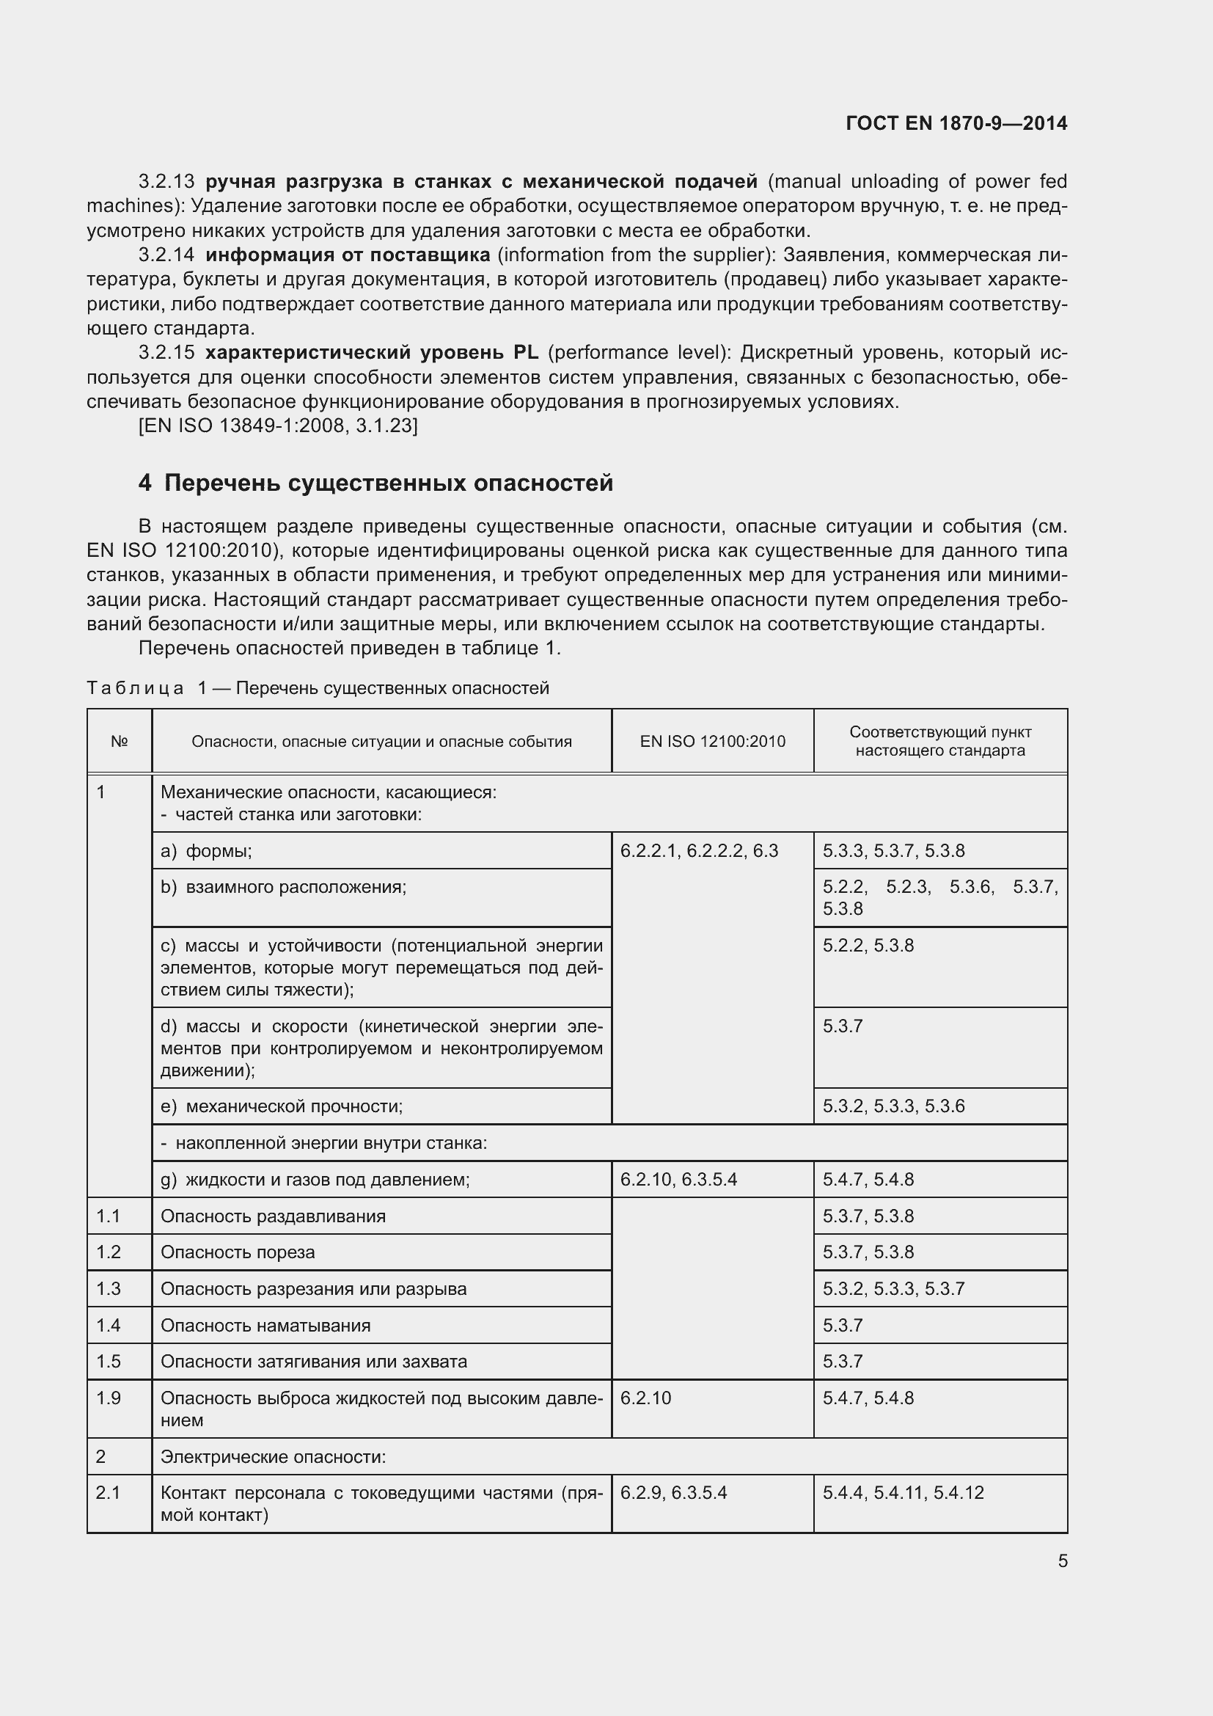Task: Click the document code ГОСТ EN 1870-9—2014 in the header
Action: click(956, 123)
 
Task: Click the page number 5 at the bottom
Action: click(1062, 1560)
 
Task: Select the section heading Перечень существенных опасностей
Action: click(388, 483)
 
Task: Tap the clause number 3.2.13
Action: click(166, 182)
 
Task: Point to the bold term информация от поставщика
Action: click(348, 255)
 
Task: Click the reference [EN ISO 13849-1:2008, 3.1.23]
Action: click(278, 426)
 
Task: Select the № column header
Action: click(120, 742)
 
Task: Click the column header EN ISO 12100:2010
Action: click(712, 742)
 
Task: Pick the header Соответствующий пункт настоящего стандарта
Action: click(939, 742)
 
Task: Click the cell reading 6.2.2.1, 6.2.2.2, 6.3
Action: click(699, 850)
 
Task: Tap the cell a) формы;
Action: click(206, 850)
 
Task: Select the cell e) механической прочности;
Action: click(282, 1106)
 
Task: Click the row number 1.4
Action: click(109, 1325)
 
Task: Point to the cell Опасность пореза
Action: click(238, 1252)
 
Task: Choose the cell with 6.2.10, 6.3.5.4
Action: click(678, 1180)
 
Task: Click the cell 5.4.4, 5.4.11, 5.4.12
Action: click(903, 1492)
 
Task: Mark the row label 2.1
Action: click(109, 1492)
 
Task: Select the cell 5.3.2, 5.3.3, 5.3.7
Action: click(893, 1288)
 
